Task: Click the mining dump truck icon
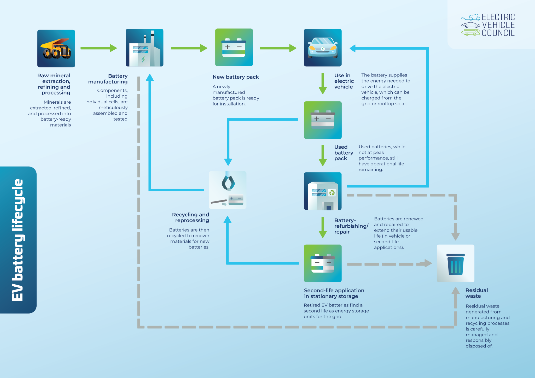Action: coord(56,49)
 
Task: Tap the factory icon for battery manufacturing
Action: coord(144,48)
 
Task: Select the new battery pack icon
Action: coord(234,48)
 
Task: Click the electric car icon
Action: coord(323,48)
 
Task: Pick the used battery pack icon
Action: coord(323,120)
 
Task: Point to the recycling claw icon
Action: coord(228,190)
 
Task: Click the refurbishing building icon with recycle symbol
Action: coord(323,191)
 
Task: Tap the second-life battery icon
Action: coord(323,263)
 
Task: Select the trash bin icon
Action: coord(455,263)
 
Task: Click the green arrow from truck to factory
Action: coord(98,48)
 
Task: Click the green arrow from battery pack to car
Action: coord(278,48)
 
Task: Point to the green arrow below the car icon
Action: coord(323,84)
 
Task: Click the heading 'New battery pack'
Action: coord(236,77)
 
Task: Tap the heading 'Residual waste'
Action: coord(476,293)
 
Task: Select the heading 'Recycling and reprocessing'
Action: coord(191,217)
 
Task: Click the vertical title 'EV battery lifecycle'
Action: coord(18,240)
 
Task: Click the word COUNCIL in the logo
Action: coord(498,33)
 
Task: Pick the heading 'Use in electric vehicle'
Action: coord(344,81)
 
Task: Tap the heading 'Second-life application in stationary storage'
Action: coord(334,293)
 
